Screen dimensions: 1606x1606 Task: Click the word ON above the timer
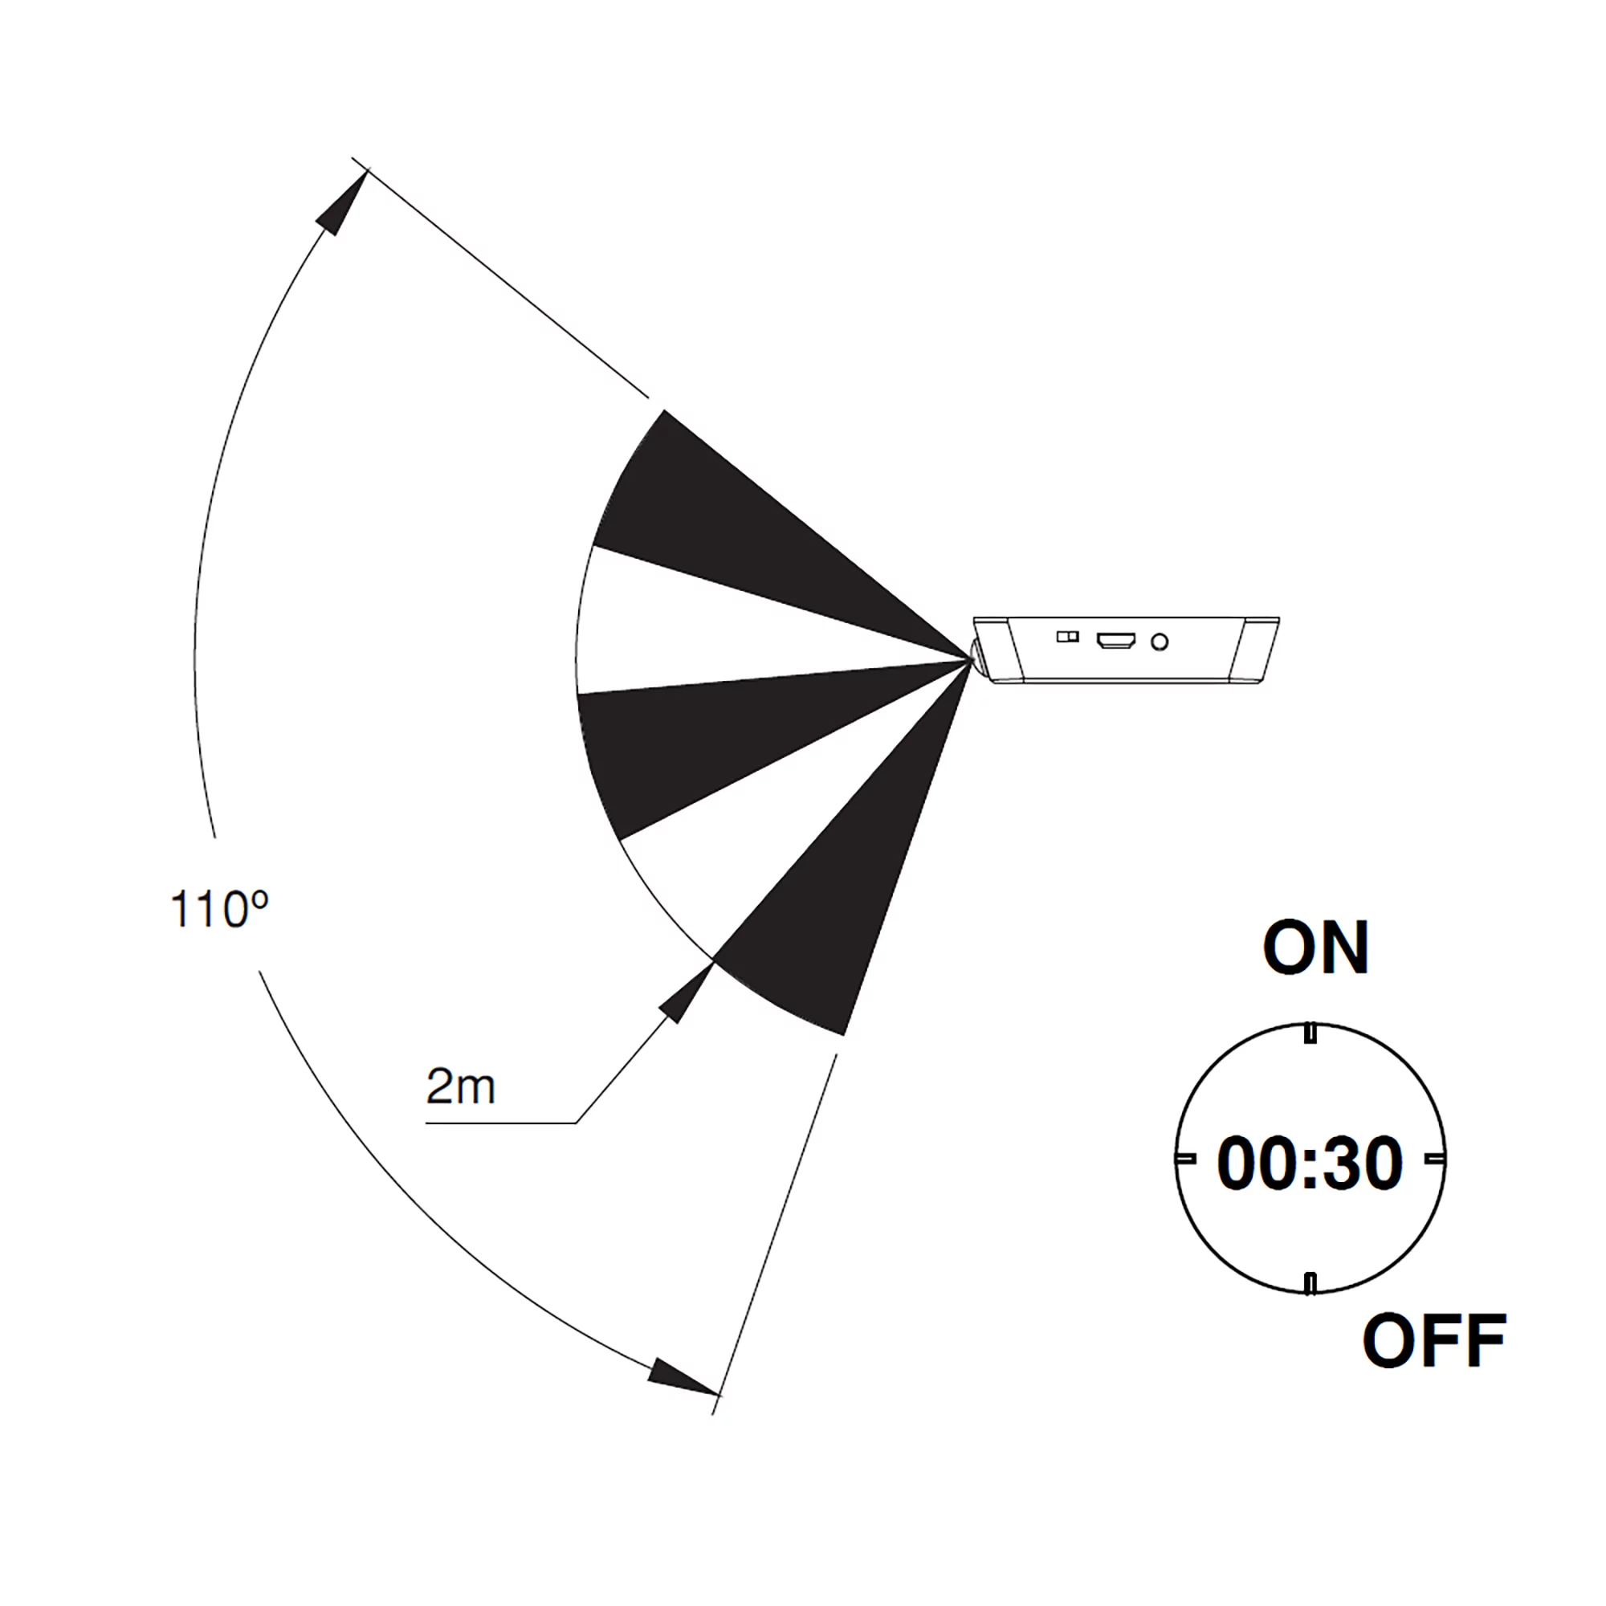(1316, 948)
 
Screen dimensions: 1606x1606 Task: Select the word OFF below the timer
(1434, 1341)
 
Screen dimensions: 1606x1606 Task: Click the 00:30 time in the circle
(1310, 1164)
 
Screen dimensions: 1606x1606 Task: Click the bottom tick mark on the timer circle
(1310, 1284)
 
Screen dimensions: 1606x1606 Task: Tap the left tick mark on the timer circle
(1185, 1158)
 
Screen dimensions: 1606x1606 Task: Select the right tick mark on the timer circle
(1436, 1158)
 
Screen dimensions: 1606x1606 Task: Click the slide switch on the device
(1067, 637)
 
